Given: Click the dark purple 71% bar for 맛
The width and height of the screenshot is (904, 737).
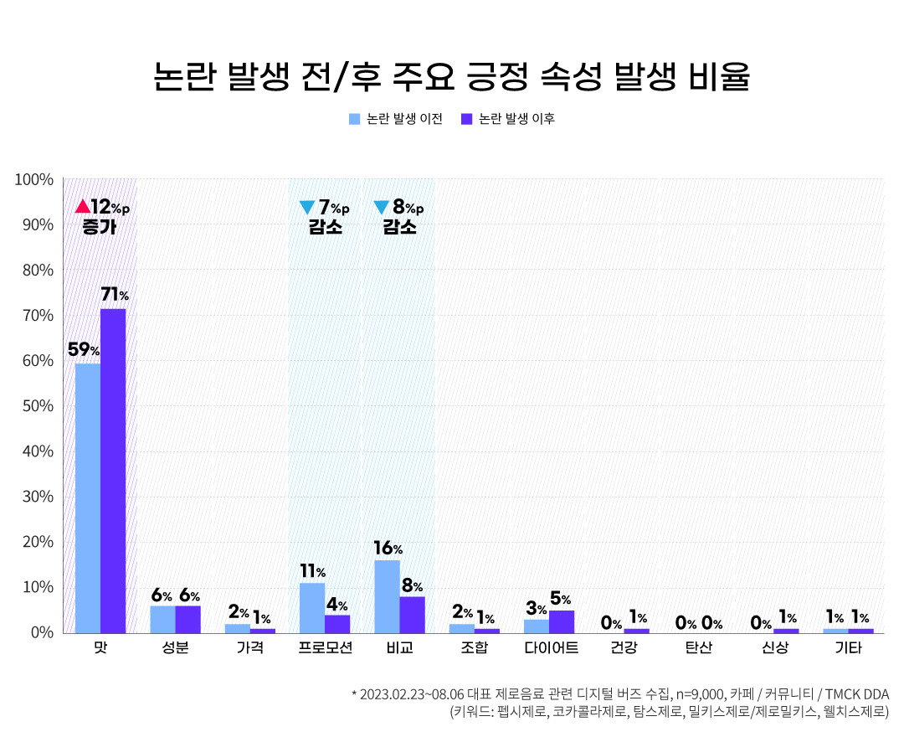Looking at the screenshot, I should (x=113, y=471).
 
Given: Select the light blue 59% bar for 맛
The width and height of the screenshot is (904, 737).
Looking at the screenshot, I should (x=88, y=497).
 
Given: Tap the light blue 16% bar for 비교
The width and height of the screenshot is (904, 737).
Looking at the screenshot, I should (x=387, y=595).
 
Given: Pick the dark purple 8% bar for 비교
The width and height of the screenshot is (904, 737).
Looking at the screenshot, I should (x=412, y=614).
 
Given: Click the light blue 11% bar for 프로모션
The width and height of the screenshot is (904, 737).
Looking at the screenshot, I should (x=312, y=607).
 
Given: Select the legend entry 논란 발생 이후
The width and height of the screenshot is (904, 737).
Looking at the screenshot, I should (x=508, y=119).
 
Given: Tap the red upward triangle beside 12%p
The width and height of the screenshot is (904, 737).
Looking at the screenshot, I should (x=82, y=206).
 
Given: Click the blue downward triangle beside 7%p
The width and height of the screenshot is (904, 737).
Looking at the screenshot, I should (x=306, y=207).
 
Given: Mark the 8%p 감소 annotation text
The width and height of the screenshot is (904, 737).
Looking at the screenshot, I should (x=400, y=216).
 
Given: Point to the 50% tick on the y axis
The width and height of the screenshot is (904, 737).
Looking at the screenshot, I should (x=37, y=405).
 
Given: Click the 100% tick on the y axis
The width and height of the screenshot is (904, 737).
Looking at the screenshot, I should (x=34, y=179).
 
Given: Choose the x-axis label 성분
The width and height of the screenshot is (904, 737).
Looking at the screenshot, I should (x=175, y=648).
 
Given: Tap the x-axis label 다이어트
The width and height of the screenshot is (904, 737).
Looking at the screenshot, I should (x=548, y=648).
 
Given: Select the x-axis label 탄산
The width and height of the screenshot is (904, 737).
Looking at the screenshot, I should (x=698, y=648).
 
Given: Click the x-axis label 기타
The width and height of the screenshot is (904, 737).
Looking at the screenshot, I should (x=848, y=648).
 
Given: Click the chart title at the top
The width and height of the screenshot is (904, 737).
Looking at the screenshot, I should (x=452, y=77).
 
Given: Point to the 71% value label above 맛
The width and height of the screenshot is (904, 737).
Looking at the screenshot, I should (x=115, y=295).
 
